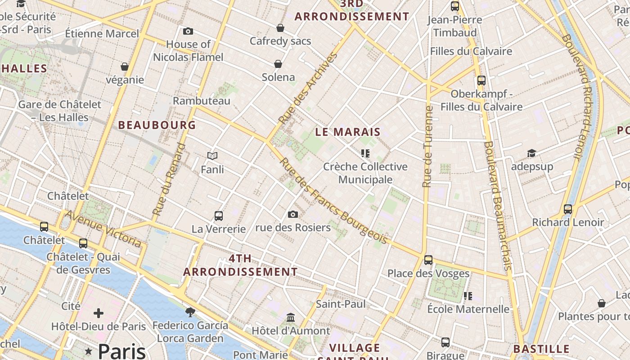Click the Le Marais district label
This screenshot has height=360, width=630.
pos(348,132)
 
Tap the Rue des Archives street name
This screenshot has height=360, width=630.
pos(308,88)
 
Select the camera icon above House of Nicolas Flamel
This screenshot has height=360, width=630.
pos(188,31)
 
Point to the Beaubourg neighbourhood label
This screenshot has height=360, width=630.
pos(157,125)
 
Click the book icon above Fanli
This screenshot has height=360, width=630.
pos(212,156)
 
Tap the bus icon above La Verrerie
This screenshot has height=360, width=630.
pos(219,216)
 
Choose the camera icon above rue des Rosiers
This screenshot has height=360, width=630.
pos(293,214)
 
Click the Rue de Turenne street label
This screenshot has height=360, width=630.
pos(427,147)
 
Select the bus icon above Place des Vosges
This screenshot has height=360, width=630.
pos(428,260)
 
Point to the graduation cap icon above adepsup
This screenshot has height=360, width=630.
pos(532,153)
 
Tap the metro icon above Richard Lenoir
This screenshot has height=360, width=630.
pos(568,209)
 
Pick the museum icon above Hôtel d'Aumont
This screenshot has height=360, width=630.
pos(291,318)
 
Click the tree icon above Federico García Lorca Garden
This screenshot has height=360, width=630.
pos(190,311)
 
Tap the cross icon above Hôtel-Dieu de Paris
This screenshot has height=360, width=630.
pos(99,313)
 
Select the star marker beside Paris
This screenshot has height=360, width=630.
pos(89,351)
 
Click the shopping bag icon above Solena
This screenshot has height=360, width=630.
pos(278,64)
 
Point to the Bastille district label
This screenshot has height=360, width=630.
pos(541,349)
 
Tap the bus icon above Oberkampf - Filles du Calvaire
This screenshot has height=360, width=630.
pos(481,81)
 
